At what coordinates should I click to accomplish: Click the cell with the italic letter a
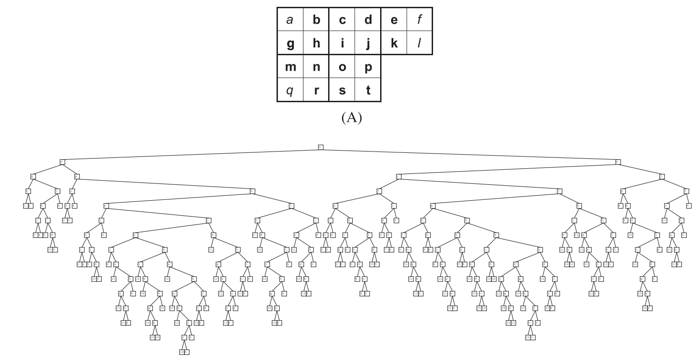(x=290, y=20)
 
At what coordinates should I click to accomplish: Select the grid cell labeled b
(x=316, y=20)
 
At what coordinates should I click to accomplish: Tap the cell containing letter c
(x=342, y=20)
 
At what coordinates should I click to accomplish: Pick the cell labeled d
(x=368, y=20)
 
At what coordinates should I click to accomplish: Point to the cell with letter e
(x=394, y=20)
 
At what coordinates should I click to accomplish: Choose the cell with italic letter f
(x=419, y=20)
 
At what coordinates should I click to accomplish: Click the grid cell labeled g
(x=290, y=43)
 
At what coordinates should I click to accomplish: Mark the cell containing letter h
(x=316, y=43)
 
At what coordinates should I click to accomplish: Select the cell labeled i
(x=342, y=43)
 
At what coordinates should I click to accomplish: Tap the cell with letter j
(x=368, y=43)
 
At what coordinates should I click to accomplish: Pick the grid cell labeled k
(x=394, y=43)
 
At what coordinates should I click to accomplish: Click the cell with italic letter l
(x=419, y=43)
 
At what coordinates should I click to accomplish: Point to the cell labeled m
(x=290, y=67)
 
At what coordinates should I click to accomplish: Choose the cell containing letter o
(x=342, y=67)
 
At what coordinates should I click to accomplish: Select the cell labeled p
(x=368, y=67)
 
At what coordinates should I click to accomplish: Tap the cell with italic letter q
(x=290, y=90)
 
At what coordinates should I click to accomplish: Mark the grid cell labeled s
(x=342, y=90)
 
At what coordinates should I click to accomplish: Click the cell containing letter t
(x=368, y=90)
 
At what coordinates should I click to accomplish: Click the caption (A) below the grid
(x=351, y=118)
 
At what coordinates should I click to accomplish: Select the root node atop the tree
(x=320, y=147)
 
